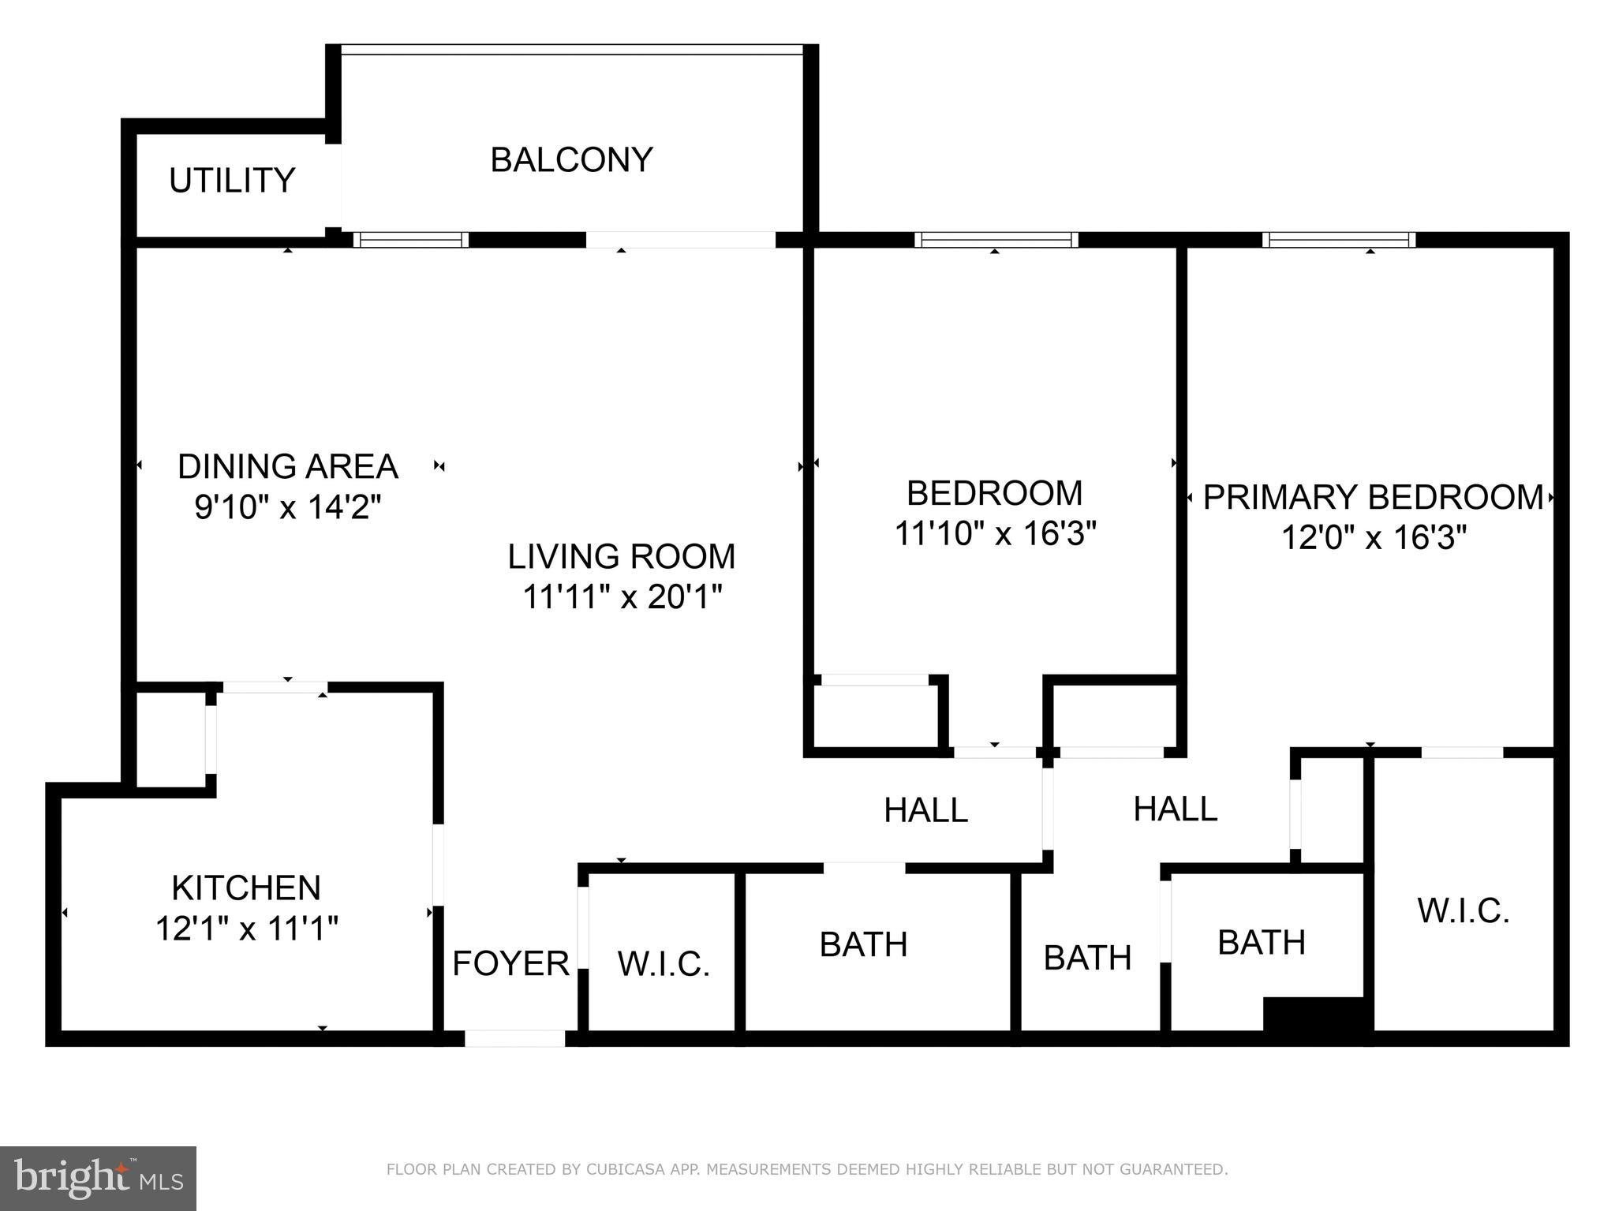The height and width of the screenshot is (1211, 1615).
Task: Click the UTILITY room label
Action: click(x=232, y=181)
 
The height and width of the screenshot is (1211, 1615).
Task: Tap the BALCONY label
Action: click(x=572, y=159)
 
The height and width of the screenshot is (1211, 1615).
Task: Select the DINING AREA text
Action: click(x=288, y=466)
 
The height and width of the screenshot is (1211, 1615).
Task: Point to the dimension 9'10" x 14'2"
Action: click(x=288, y=507)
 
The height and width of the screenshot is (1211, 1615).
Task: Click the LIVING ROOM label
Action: click(x=622, y=556)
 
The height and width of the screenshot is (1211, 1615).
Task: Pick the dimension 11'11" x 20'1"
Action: click(x=622, y=597)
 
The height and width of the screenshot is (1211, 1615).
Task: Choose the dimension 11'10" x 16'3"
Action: click(x=996, y=533)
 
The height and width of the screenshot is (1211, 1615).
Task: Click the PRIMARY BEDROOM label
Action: click(x=1374, y=497)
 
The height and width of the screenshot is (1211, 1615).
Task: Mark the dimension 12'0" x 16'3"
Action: click(x=1374, y=538)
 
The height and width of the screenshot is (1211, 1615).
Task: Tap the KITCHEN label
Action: click(x=246, y=888)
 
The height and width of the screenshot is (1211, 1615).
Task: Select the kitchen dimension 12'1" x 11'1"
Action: click(x=246, y=929)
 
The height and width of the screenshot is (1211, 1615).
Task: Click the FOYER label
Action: click(x=511, y=962)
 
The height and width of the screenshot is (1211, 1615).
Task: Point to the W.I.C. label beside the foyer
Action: click(x=664, y=964)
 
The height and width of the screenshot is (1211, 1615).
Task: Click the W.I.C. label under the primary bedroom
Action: click(x=1464, y=910)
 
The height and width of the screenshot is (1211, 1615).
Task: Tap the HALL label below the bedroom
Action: click(x=926, y=810)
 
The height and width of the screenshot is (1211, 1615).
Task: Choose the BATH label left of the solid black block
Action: click(x=1262, y=942)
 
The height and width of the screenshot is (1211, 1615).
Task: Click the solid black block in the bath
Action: click(x=1314, y=1014)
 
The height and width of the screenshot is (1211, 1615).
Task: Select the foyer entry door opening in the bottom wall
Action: click(x=514, y=1038)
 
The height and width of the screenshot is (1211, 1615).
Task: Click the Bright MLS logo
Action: click(x=98, y=1178)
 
